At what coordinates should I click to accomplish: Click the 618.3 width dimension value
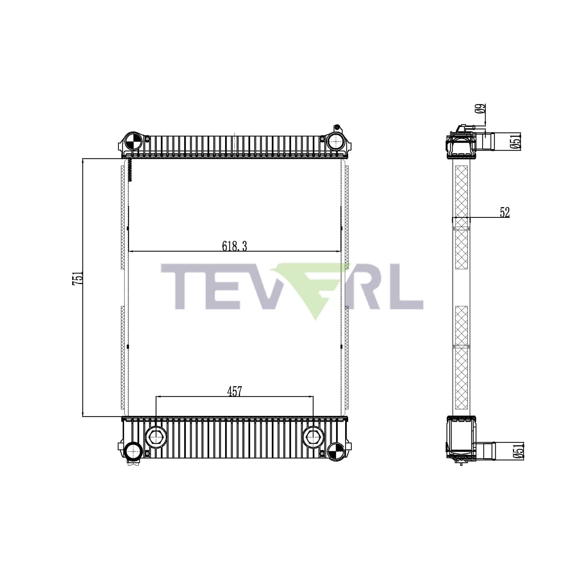(x=234, y=246)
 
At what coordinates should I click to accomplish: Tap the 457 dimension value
(x=234, y=392)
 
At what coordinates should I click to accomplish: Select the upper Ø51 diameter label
(x=516, y=141)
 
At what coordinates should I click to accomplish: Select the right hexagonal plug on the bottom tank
(x=313, y=437)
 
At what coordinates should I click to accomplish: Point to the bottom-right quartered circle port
(x=336, y=453)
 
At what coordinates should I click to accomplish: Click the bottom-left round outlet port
(x=133, y=453)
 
